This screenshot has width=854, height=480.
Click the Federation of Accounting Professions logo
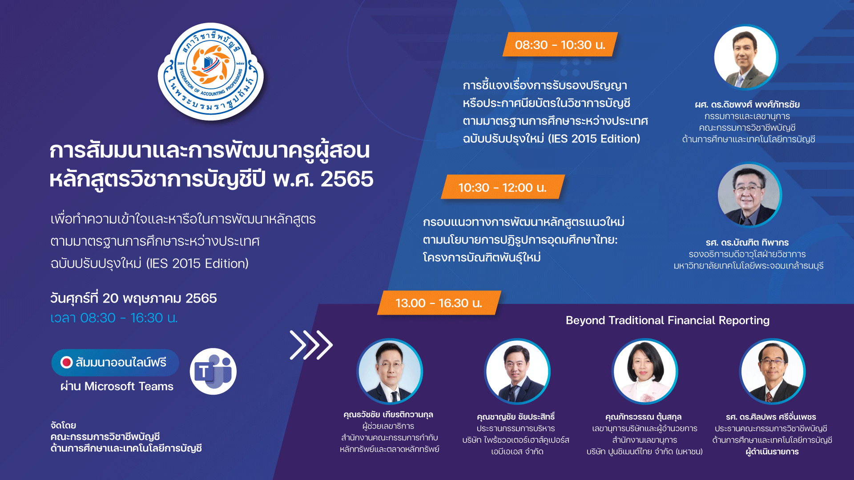click(x=211, y=72)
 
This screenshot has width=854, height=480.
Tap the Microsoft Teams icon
click(x=213, y=371)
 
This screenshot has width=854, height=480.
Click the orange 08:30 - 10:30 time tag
click(x=560, y=44)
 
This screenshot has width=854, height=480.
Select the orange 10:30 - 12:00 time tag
click(x=503, y=187)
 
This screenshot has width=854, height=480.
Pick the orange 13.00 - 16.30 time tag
click(x=439, y=303)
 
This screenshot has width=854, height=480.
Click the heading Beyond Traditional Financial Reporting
click(x=667, y=320)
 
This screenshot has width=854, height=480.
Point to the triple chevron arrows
click(x=311, y=345)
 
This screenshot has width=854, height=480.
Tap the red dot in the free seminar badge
click(x=67, y=362)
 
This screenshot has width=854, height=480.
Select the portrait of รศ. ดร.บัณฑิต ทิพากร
click(x=749, y=195)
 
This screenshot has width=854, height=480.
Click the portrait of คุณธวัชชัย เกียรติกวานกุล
click(x=390, y=371)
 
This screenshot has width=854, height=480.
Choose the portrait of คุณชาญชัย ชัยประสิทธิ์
click(x=517, y=371)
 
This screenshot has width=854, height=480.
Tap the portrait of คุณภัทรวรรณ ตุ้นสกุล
click(x=645, y=371)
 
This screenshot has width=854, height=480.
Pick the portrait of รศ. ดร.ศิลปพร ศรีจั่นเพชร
click(x=772, y=371)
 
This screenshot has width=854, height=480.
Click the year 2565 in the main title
click(x=347, y=179)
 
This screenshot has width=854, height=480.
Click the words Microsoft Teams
click(x=129, y=386)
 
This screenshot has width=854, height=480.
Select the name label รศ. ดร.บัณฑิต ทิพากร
click(x=747, y=242)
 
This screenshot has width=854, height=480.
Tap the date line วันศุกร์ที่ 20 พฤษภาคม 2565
click(x=133, y=298)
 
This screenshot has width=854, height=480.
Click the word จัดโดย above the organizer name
click(x=63, y=425)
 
